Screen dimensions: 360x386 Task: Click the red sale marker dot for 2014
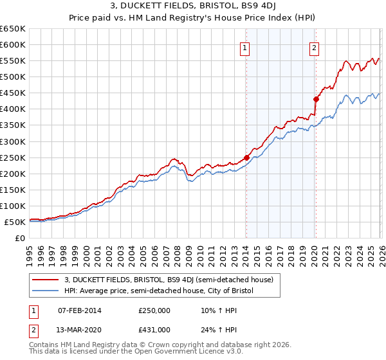246,157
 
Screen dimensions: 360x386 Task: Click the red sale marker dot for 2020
316,99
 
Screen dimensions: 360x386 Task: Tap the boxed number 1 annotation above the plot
246,47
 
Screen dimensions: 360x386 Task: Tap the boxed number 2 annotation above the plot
315,47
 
